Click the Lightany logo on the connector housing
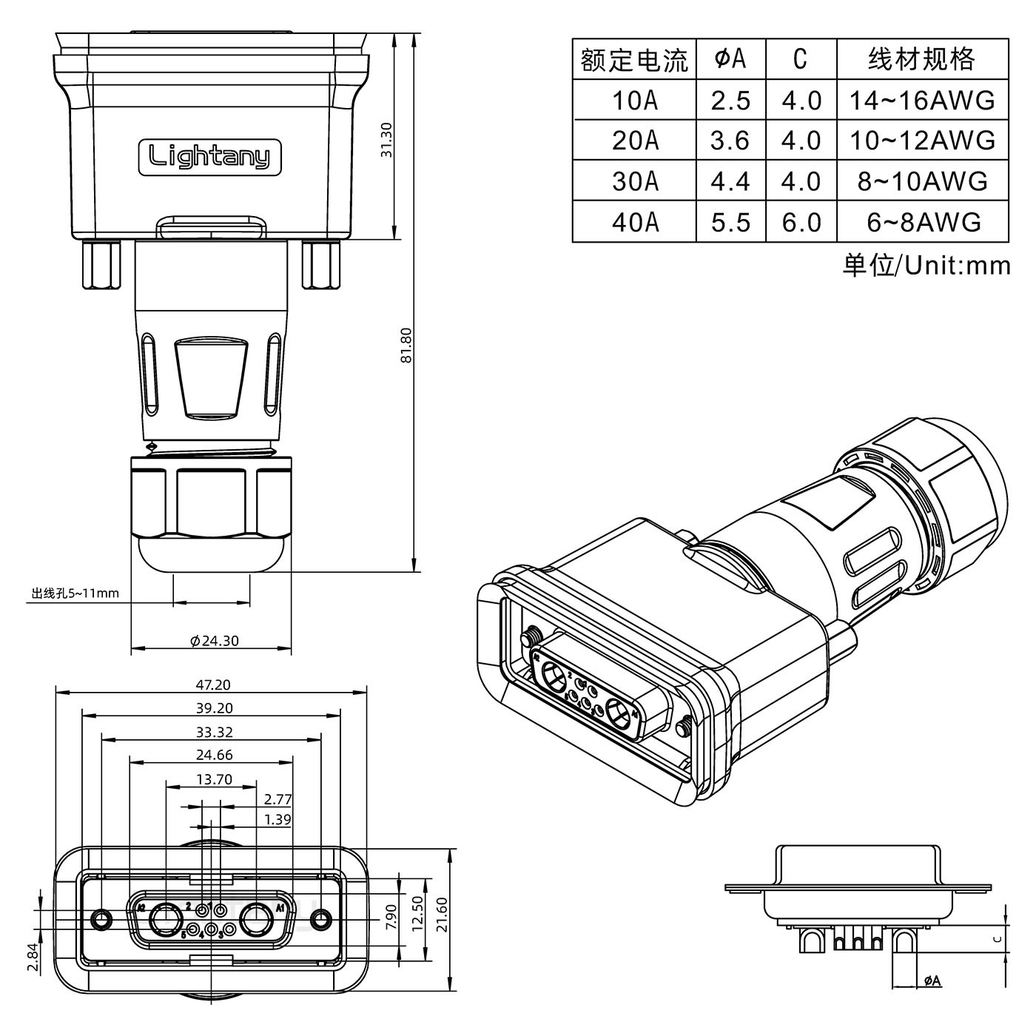[210, 157]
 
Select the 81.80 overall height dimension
[405, 346]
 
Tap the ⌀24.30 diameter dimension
[215, 641]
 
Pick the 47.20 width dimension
[212, 685]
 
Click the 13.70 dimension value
[214, 778]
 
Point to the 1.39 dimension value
[277, 819]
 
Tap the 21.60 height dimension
[442, 915]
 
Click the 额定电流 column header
[634, 59]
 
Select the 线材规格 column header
[922, 59]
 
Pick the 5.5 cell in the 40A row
[730, 222]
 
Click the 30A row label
[634, 181]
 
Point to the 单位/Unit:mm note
[926, 265]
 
